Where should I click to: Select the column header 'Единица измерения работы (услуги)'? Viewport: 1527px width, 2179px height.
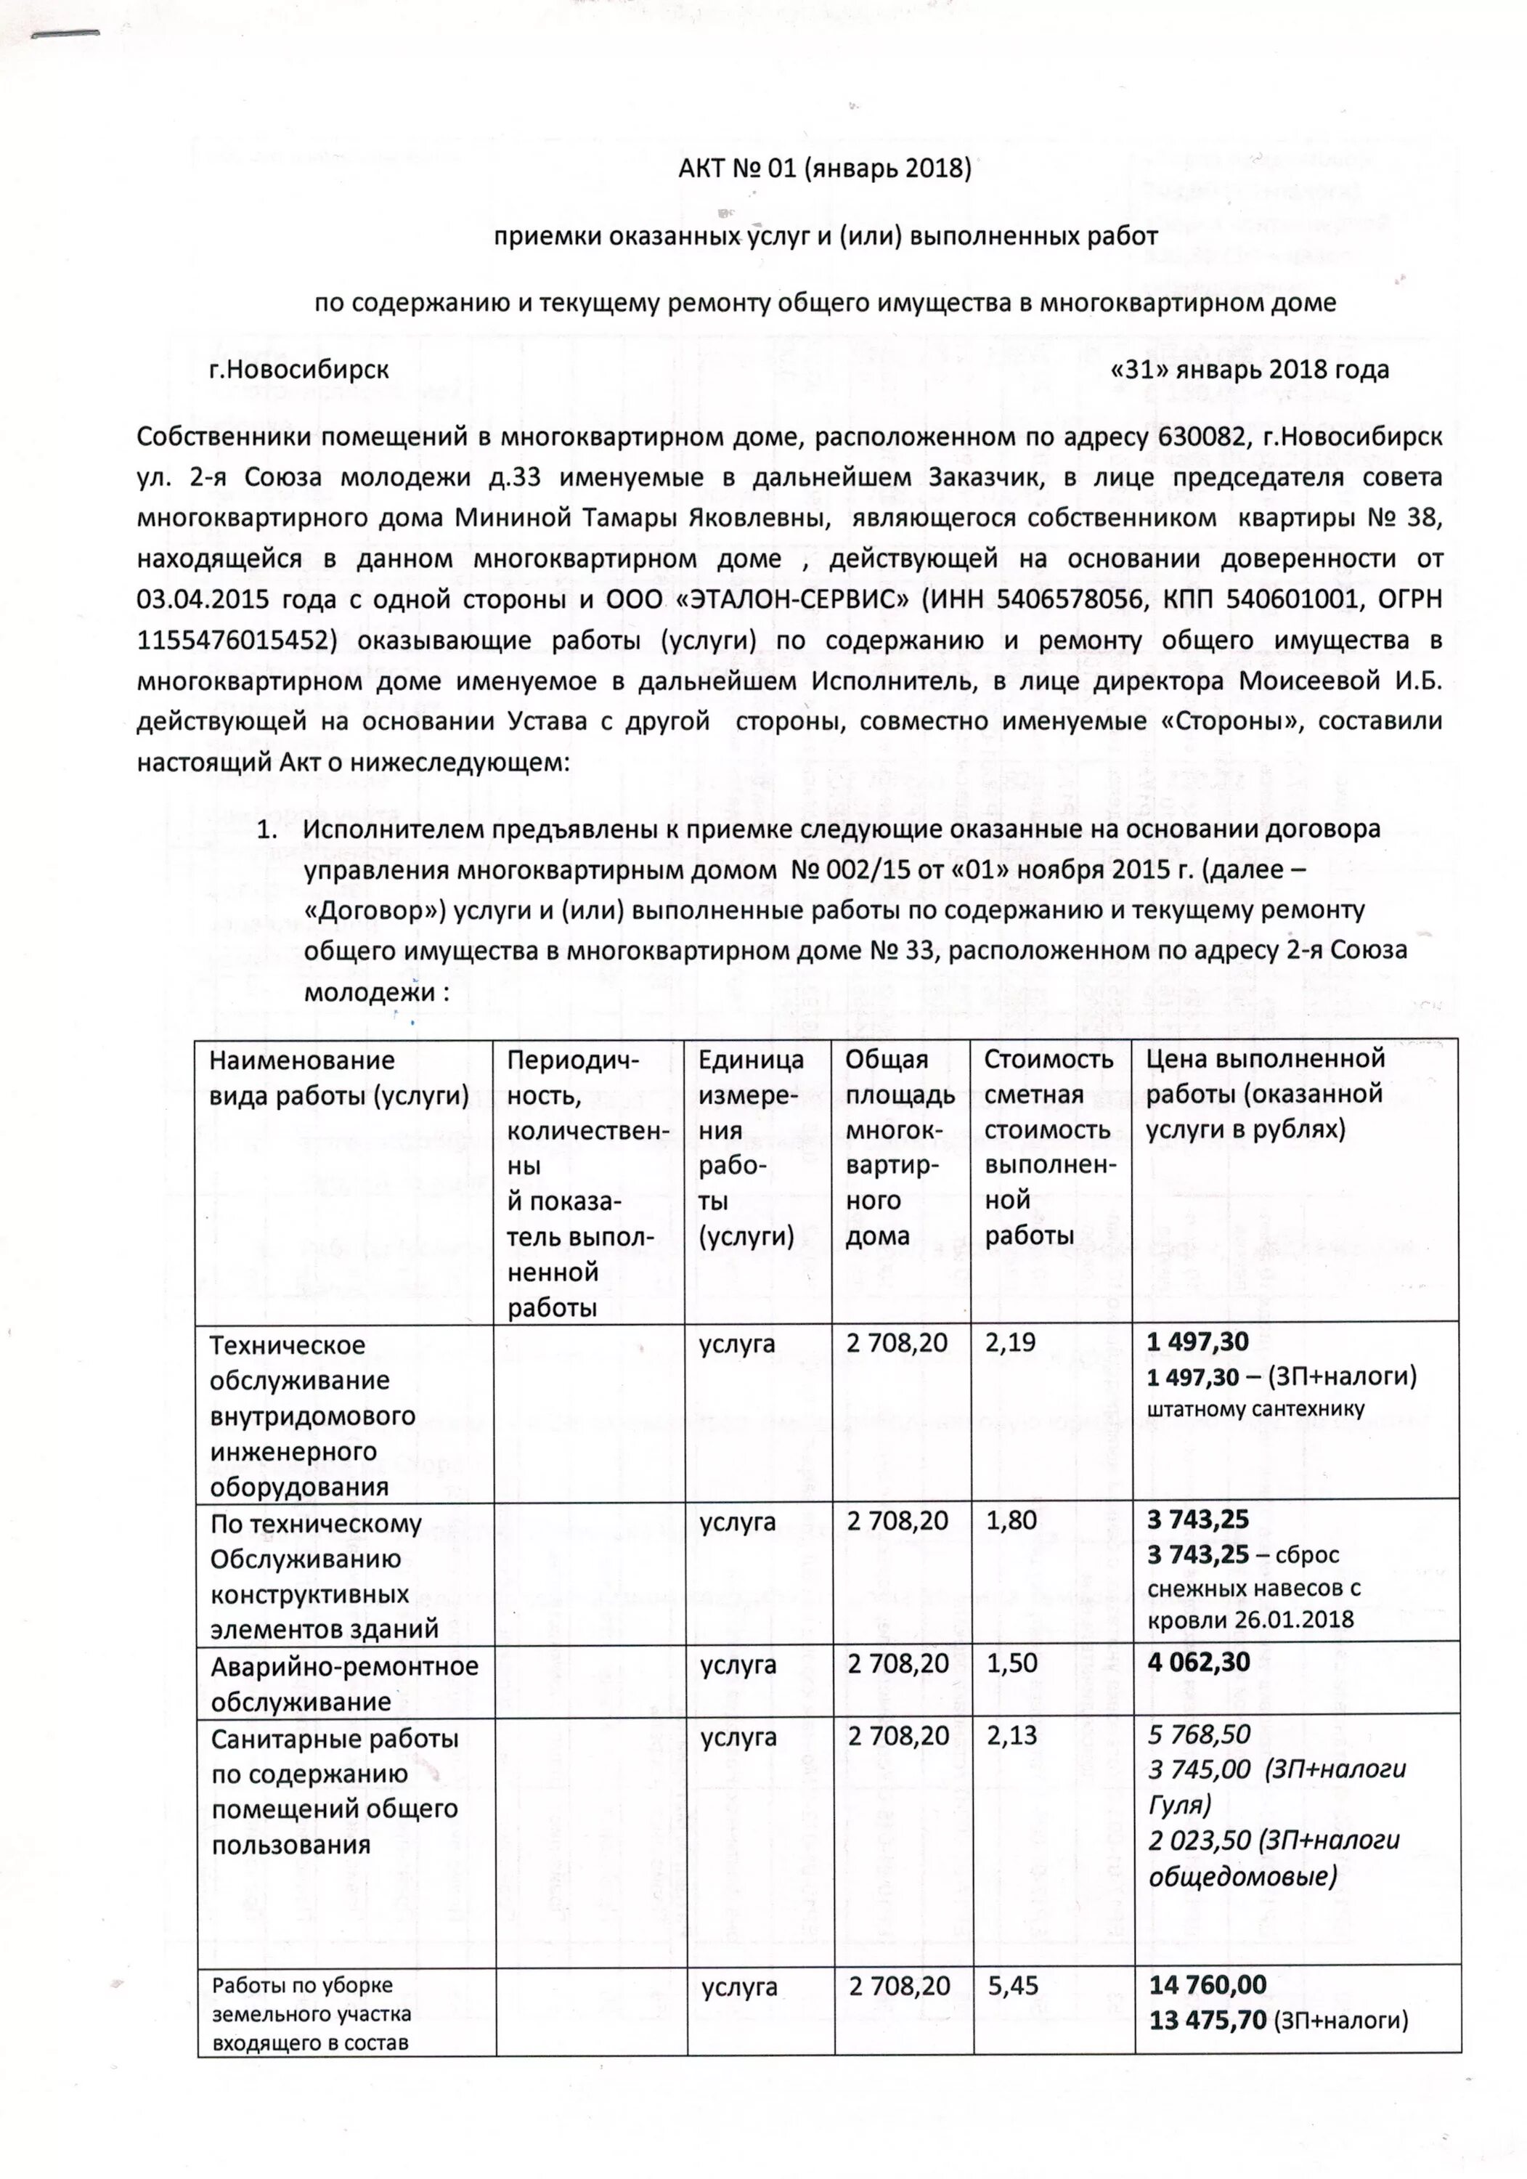[x=751, y=1148]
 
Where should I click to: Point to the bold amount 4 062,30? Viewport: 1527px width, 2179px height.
[x=1199, y=1661]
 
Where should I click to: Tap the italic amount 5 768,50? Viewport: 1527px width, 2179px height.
[x=1199, y=1734]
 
